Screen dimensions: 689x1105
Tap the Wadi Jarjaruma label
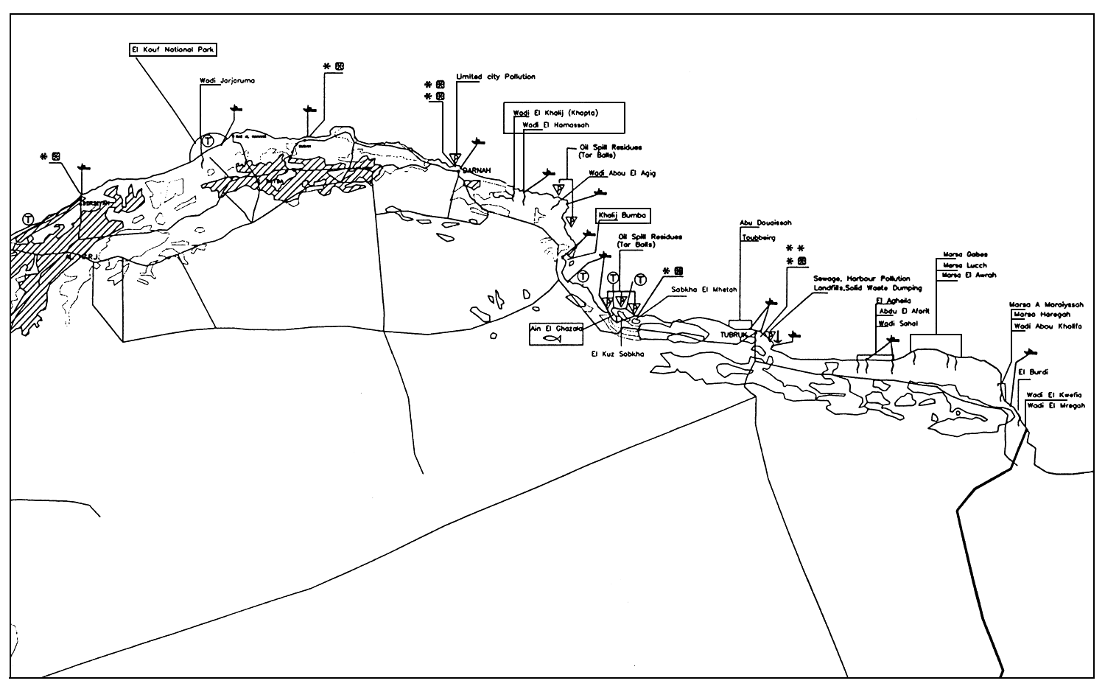[227, 81]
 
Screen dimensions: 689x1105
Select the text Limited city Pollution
[496, 77]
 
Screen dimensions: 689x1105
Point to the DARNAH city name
[476, 171]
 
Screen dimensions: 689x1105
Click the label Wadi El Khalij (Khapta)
[555, 113]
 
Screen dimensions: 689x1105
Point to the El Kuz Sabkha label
[617, 354]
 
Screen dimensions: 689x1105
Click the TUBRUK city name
[734, 335]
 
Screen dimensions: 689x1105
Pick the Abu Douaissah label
[765, 223]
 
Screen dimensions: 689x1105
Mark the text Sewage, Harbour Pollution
[862, 279]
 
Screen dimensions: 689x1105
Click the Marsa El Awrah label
[969, 275]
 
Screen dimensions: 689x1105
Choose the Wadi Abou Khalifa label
[1048, 326]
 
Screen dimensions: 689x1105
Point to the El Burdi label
[1033, 371]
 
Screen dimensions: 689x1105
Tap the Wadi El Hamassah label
[555, 125]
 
